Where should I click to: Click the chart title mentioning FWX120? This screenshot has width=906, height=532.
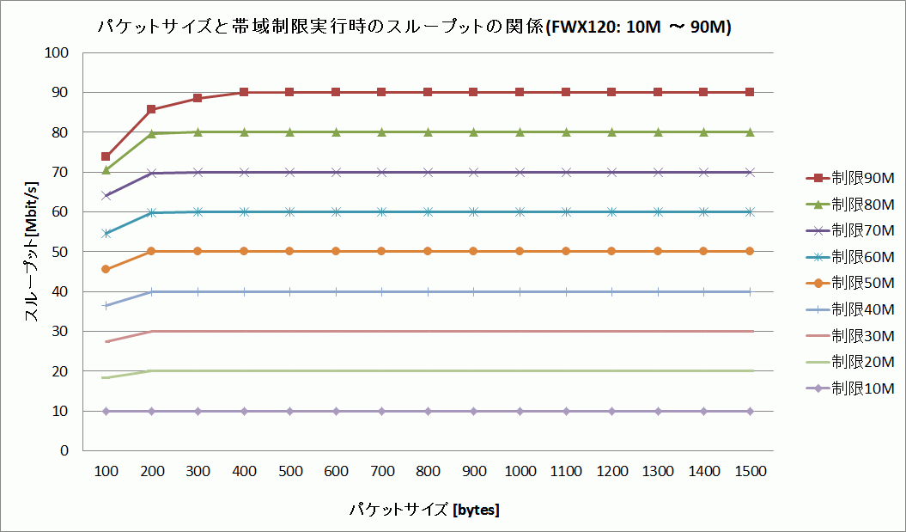tap(414, 28)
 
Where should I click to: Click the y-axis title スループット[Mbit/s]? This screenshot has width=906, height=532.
tap(32, 251)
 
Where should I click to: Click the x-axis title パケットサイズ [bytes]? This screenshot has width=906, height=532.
tap(424, 510)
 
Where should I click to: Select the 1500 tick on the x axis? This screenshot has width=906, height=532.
tap(750, 472)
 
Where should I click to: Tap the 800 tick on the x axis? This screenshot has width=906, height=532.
tap(427, 472)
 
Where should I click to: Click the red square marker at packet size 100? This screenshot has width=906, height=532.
tap(106, 156)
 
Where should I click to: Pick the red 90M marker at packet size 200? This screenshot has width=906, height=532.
tap(151, 109)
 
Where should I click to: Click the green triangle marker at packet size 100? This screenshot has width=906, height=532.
tap(106, 170)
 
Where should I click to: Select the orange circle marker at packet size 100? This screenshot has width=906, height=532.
tap(106, 269)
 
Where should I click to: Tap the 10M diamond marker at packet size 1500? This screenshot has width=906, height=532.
tap(750, 411)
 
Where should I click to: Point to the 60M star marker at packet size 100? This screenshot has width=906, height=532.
tap(106, 233)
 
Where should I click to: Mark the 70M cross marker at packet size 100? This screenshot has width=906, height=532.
tap(106, 195)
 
